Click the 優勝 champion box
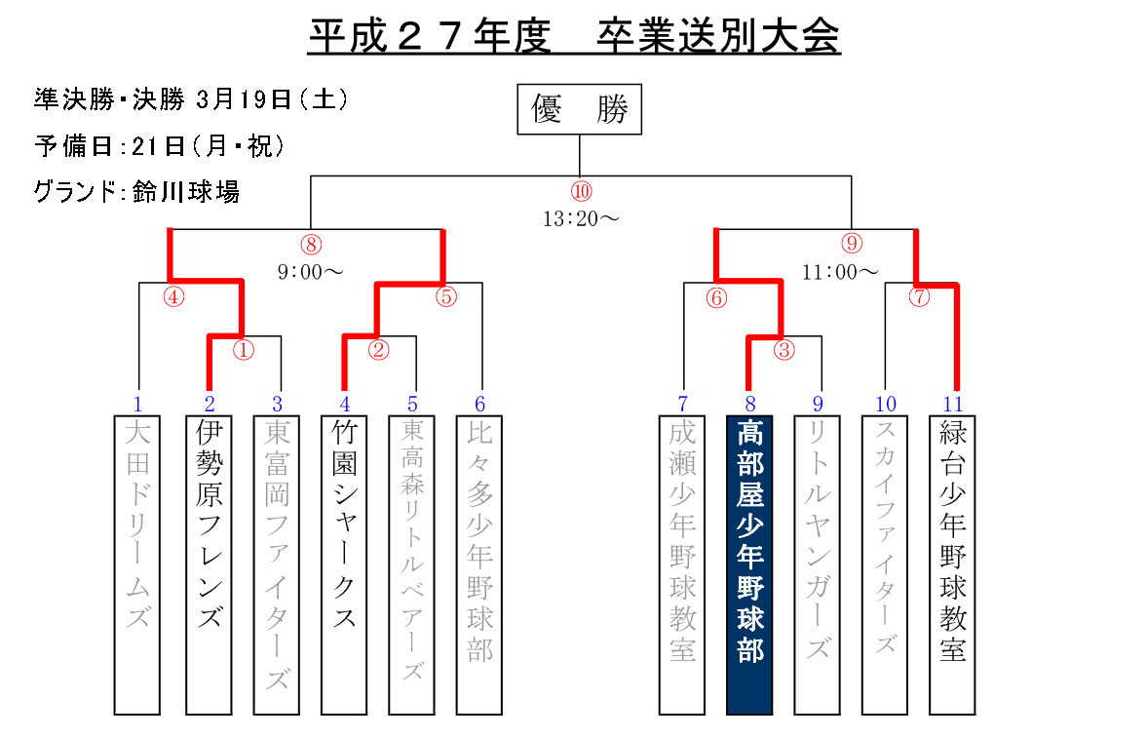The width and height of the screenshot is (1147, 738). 579,109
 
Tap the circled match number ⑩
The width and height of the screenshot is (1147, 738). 581,191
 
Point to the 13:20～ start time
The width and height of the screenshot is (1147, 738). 581,218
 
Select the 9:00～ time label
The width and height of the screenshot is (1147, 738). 310,272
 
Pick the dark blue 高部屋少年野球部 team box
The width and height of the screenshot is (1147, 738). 749,564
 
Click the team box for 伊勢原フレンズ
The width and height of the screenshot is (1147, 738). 209,564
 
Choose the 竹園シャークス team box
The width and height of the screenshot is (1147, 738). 344,564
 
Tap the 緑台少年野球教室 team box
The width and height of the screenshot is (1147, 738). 952,564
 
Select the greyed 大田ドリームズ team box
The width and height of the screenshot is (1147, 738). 137,564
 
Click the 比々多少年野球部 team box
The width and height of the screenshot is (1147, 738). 479,564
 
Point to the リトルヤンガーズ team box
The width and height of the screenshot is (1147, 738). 817,564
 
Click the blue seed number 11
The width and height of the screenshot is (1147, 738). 953,404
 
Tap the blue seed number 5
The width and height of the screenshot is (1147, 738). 412,404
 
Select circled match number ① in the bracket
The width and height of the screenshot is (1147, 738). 243,350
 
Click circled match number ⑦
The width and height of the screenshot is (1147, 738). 919,297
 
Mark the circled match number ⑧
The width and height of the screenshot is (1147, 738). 311,244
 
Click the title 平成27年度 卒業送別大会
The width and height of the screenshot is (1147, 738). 574,37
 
